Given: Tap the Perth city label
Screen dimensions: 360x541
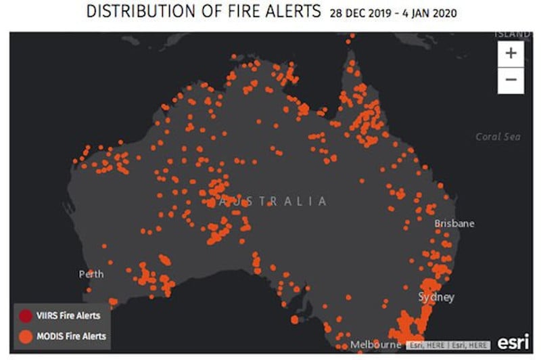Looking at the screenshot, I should tap(91, 274).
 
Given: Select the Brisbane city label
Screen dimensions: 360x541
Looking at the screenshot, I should tap(454, 223).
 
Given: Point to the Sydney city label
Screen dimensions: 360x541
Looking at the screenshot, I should tap(436, 297).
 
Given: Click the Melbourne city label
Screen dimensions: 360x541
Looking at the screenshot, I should tap(371, 345).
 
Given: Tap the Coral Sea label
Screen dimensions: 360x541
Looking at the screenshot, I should tap(498, 136).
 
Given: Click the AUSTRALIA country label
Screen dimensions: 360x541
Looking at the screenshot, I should tap(272, 201).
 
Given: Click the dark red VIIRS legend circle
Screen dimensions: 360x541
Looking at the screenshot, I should tap(26, 315).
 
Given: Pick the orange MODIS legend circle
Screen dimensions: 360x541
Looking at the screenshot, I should tap(26, 335).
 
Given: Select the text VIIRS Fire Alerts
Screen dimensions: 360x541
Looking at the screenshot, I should tap(69, 315).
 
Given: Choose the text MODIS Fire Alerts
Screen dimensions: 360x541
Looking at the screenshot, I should tap(71, 335).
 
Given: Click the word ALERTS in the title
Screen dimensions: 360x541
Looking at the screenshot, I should tap(291, 12).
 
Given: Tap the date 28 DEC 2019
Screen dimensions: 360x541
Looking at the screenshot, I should tap(360, 14).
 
